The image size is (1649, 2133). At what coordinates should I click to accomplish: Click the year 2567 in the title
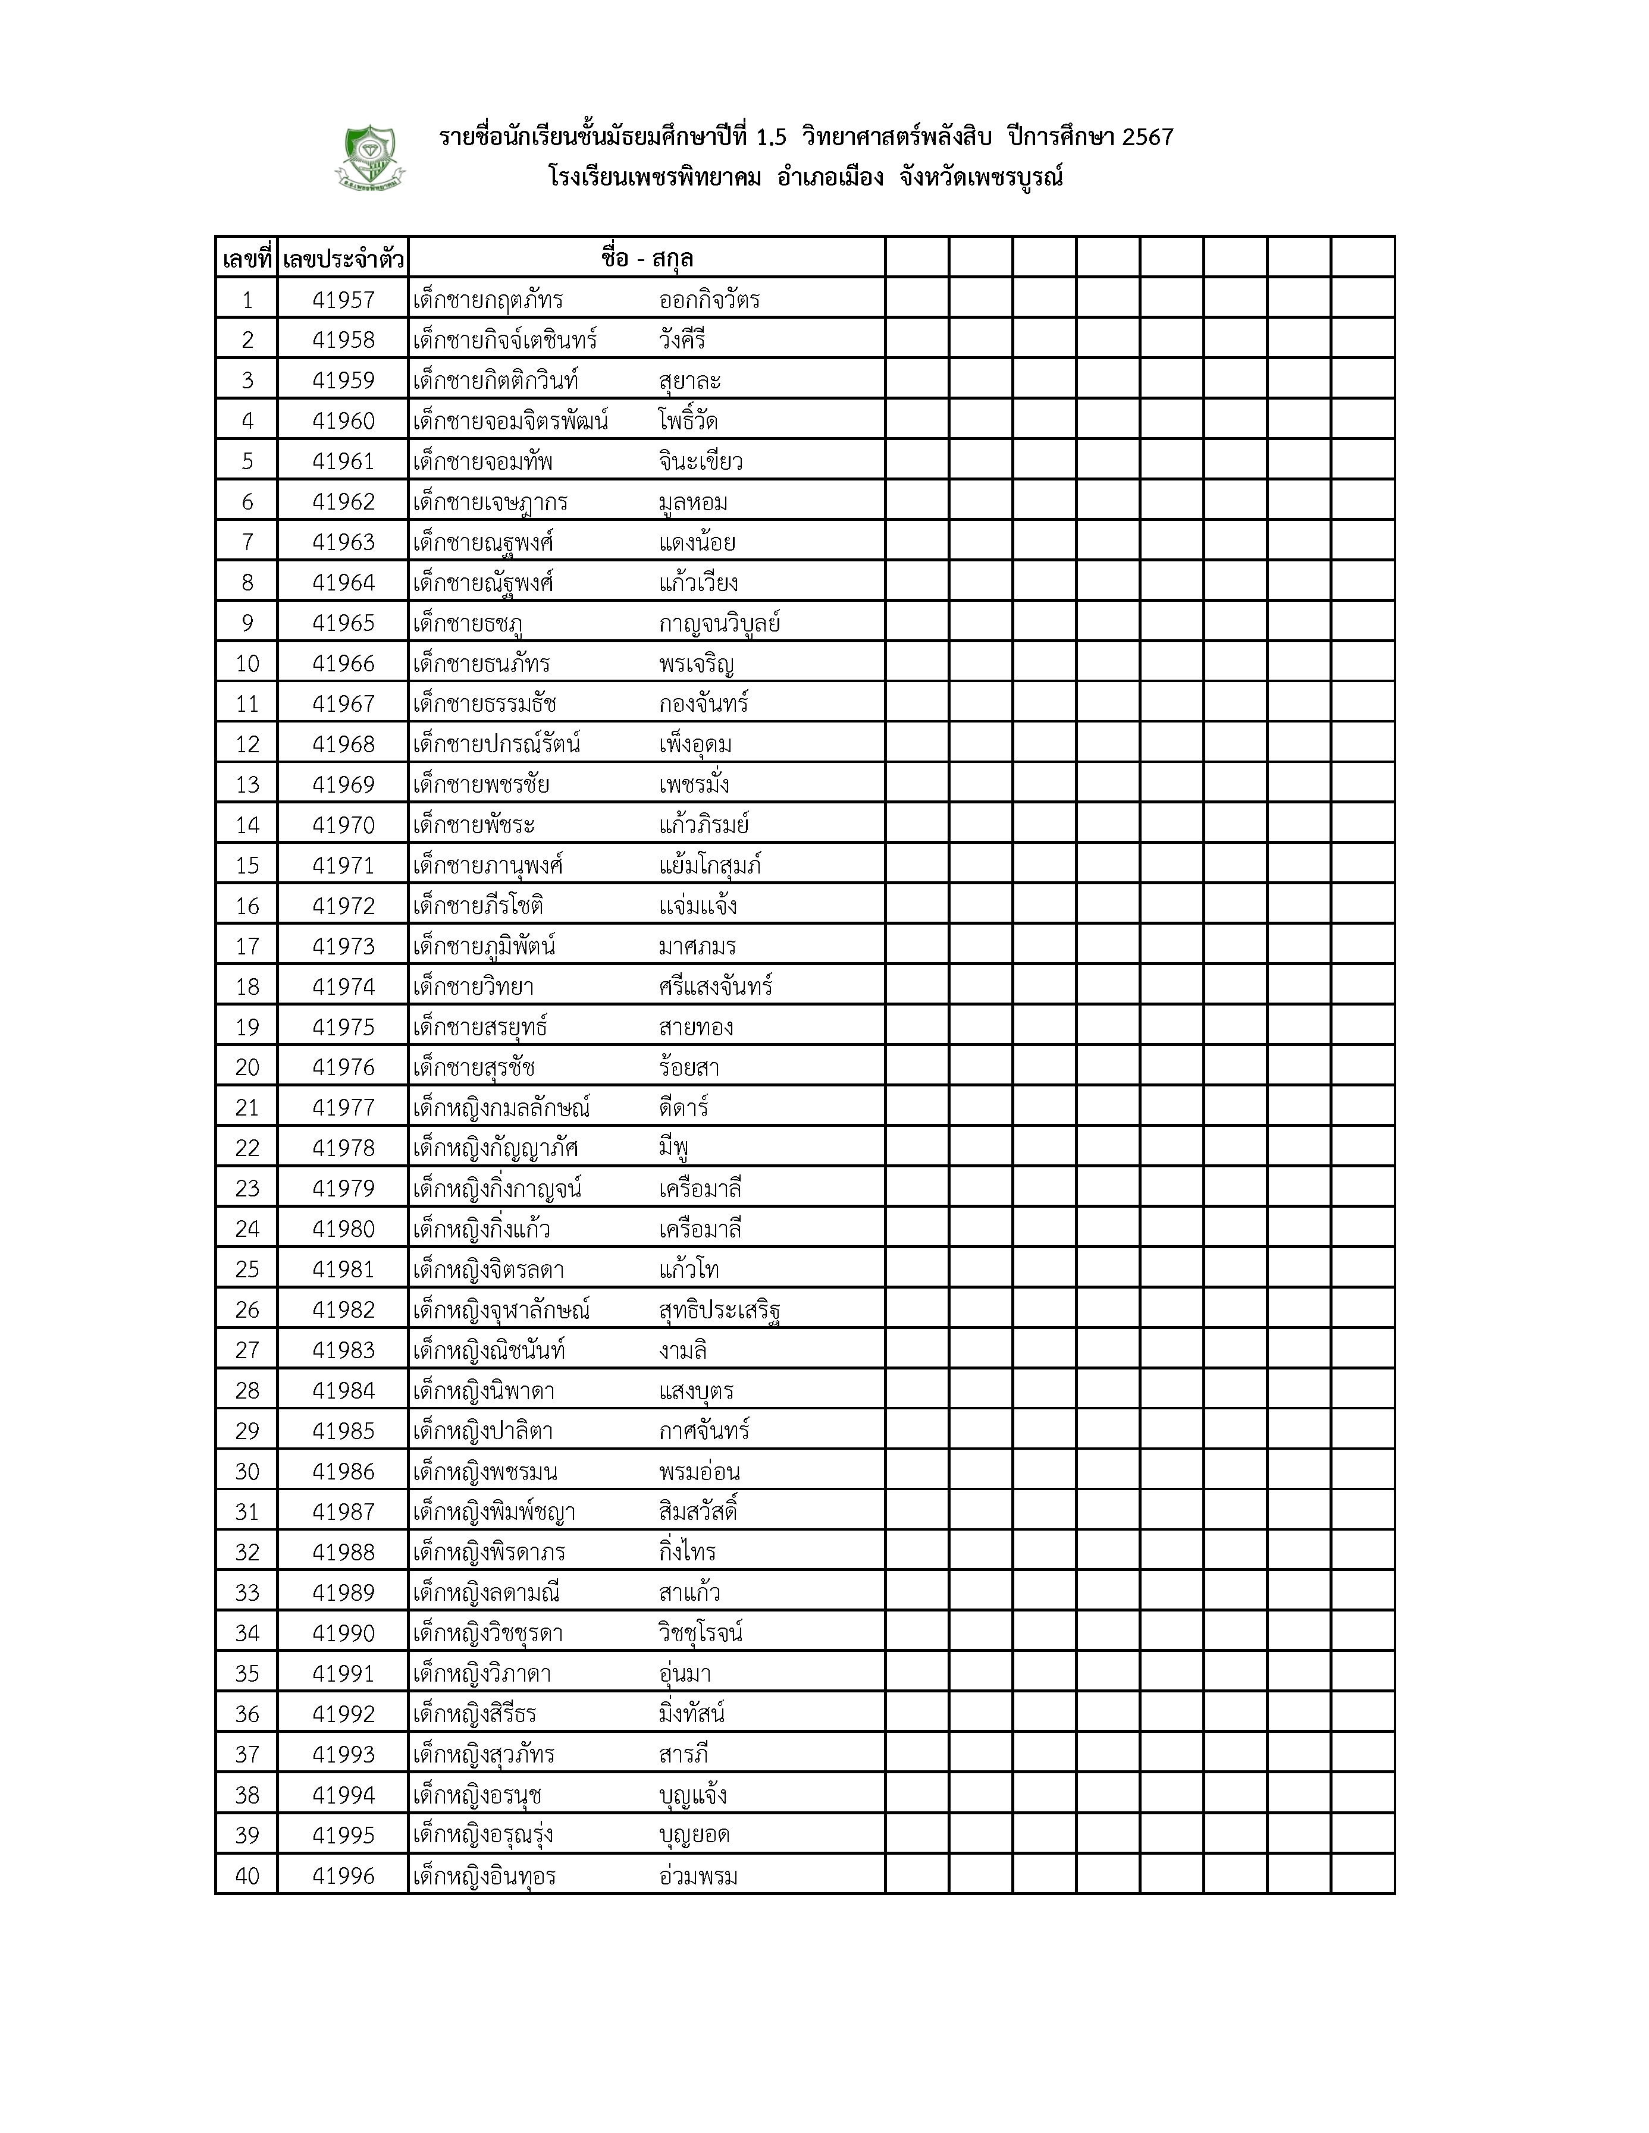(1148, 138)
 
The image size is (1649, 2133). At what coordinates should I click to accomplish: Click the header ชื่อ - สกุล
(647, 259)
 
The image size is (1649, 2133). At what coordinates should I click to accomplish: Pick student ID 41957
(343, 300)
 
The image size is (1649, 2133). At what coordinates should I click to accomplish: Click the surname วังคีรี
(682, 341)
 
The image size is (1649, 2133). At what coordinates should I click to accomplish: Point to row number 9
(247, 623)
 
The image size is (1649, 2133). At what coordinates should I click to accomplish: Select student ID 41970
(343, 825)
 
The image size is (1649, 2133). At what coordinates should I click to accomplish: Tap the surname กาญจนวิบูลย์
(719, 623)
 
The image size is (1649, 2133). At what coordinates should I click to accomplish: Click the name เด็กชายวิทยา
(473, 987)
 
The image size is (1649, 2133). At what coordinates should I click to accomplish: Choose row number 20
(247, 1067)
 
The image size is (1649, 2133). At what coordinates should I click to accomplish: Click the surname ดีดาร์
(684, 1107)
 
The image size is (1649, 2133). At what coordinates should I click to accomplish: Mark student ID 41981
(343, 1270)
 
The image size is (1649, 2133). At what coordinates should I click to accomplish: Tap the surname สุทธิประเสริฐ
(719, 1309)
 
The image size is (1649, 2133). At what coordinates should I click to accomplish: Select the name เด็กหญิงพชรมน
(485, 1472)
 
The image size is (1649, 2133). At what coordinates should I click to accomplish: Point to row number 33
(247, 1593)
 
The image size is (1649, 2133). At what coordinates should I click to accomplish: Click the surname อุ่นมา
(685, 1674)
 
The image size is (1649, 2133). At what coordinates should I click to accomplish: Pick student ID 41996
(343, 1876)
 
